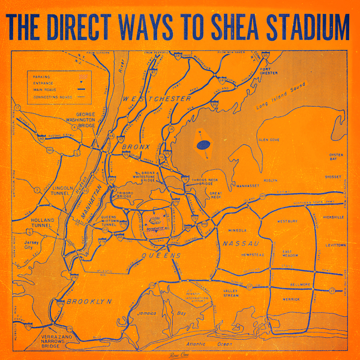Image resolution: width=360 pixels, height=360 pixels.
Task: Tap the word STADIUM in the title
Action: [307, 26]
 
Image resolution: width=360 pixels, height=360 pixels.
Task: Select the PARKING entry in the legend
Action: [43, 76]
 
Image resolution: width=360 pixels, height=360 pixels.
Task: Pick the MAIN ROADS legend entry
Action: [46, 89]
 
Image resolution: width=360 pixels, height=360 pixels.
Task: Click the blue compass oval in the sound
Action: [204, 144]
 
